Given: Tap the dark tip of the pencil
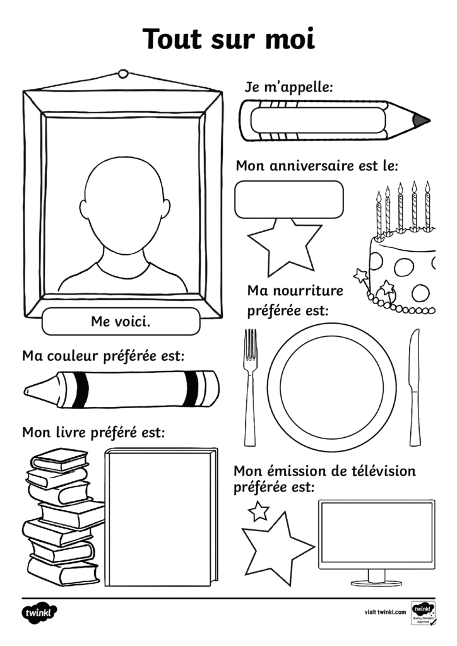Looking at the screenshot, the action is click(421, 120).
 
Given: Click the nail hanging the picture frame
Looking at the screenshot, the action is click(123, 74).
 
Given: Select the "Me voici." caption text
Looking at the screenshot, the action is click(121, 321).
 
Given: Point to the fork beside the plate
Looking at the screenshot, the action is click(250, 387).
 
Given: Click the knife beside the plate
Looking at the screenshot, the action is click(415, 387).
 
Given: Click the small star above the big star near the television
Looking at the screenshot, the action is click(259, 511).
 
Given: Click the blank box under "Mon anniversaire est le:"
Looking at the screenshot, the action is click(289, 199).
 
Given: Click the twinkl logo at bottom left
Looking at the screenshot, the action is click(39, 613).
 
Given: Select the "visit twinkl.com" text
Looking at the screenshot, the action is click(385, 612).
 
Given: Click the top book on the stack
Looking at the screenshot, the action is click(59, 459).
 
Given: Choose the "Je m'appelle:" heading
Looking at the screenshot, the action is click(288, 88).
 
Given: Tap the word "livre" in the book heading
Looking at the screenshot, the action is click(71, 432).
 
